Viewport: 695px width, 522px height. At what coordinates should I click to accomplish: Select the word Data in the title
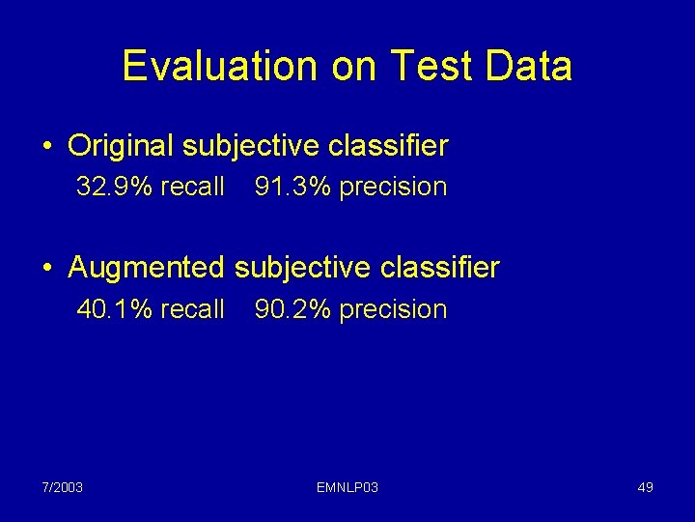(529, 67)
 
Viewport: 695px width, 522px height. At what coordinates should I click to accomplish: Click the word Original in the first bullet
(121, 147)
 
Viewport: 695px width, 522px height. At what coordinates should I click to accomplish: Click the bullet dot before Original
(47, 148)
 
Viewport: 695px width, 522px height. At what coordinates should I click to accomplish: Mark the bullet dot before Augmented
(47, 268)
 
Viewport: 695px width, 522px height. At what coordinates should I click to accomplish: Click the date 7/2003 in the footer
(62, 487)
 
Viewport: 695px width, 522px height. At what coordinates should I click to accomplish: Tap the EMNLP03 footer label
(347, 487)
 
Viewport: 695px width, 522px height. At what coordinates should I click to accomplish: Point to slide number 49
(645, 487)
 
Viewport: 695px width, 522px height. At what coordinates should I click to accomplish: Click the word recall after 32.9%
(192, 187)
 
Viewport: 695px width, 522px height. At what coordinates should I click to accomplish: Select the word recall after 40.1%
(192, 309)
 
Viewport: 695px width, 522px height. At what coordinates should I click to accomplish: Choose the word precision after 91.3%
(393, 188)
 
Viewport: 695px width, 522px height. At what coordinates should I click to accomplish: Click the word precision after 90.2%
(393, 310)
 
